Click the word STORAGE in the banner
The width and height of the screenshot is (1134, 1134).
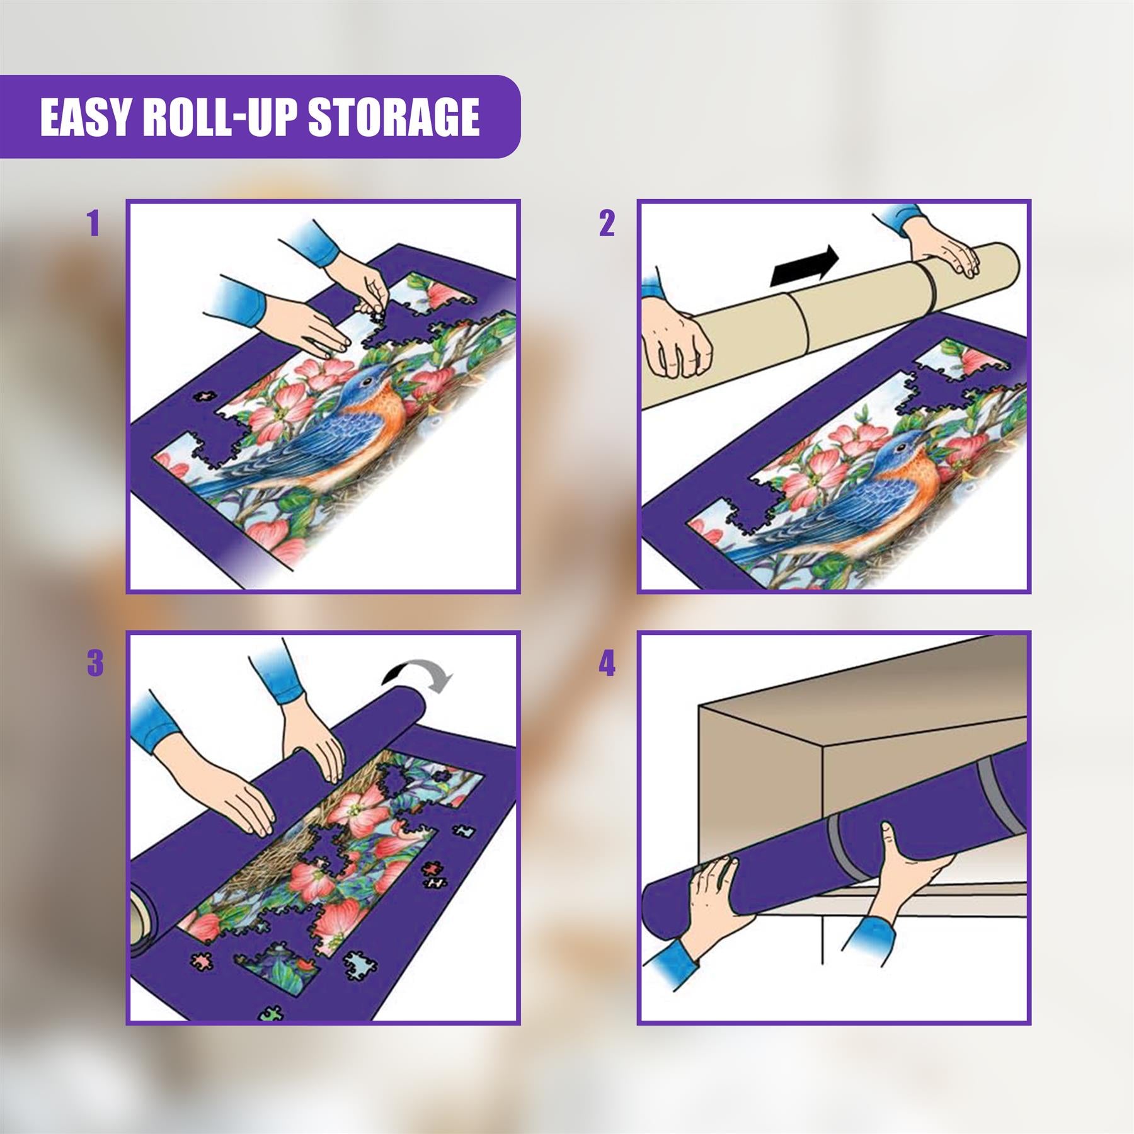(x=394, y=118)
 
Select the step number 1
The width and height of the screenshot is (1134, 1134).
(x=94, y=223)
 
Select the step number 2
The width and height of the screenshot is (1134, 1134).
(x=606, y=223)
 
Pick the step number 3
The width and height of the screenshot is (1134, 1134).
(x=94, y=664)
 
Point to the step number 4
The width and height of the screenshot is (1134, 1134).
(x=606, y=664)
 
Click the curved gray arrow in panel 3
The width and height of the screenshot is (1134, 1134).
(x=419, y=678)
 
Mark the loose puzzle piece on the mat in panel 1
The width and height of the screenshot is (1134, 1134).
(x=203, y=396)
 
